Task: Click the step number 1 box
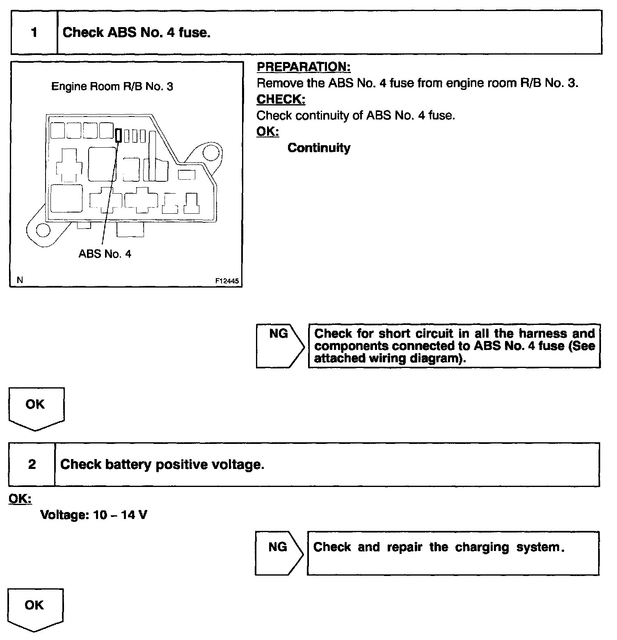34,32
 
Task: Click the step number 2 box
32,464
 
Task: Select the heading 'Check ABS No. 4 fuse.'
137,32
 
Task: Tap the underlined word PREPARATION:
304,67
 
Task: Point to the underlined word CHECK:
281,99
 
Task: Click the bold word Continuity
319,148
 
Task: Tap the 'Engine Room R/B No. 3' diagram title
112,87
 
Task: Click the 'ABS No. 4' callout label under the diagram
105,254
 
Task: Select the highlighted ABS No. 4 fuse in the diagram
119,135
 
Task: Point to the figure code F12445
227,281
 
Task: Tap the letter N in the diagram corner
20,280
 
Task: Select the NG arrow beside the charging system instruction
279,553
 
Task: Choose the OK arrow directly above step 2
36,407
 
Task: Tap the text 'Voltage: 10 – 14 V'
94,514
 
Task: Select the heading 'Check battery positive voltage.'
162,464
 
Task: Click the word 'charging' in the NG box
482,547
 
